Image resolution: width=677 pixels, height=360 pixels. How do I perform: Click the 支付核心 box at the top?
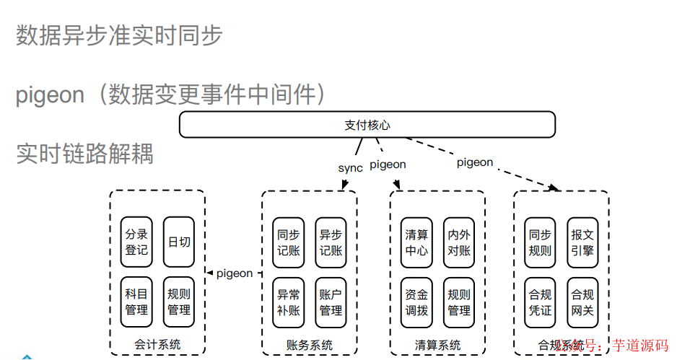pyautogui.click(x=367, y=125)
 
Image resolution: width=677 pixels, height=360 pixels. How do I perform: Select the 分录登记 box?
pyautogui.click(x=136, y=242)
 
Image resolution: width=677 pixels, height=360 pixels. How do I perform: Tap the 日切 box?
pyautogui.click(x=179, y=242)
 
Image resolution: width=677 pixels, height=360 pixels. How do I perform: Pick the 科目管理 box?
pyautogui.click(x=136, y=302)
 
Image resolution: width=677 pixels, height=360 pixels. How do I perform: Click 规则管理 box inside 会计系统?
pyautogui.click(x=179, y=302)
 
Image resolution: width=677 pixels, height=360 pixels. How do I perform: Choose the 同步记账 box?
pyautogui.click(x=288, y=242)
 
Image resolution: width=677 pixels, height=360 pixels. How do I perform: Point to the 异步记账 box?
pyautogui.click(x=331, y=242)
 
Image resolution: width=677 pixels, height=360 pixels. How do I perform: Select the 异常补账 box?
pyautogui.click(x=288, y=302)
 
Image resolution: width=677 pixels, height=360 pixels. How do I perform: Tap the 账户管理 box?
pyautogui.click(x=331, y=302)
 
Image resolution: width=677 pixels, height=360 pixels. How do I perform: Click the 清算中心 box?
pyautogui.click(x=416, y=242)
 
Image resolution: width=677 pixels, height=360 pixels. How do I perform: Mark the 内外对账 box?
pyautogui.click(x=459, y=242)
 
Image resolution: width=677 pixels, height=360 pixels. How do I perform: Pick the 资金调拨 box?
pyautogui.click(x=416, y=302)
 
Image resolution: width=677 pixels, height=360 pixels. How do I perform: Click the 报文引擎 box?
pyautogui.click(x=582, y=242)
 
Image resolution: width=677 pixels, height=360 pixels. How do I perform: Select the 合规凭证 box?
pyautogui.click(x=540, y=302)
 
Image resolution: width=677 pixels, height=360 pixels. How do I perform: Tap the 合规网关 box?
pyautogui.click(x=582, y=302)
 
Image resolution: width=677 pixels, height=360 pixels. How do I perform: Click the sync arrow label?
pyautogui.click(x=350, y=168)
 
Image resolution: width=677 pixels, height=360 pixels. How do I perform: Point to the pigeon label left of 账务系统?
pyautogui.click(x=235, y=273)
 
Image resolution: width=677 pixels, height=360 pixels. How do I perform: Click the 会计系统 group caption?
pyautogui.click(x=157, y=345)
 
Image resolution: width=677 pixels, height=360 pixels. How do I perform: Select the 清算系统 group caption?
pyautogui.click(x=437, y=346)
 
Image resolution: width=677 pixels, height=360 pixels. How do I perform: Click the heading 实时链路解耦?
pyautogui.click(x=84, y=153)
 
